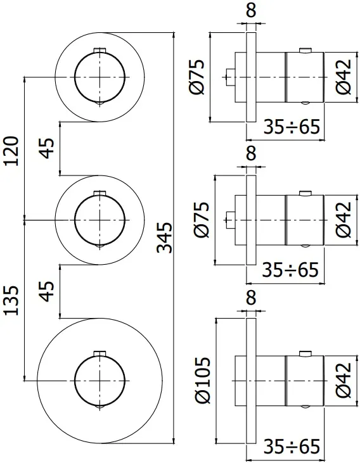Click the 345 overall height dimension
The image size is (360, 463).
click(x=164, y=237)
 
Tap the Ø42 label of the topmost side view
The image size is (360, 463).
click(x=343, y=77)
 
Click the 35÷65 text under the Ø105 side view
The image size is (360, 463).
click(x=292, y=447)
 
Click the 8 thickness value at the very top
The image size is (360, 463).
click(x=251, y=10)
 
